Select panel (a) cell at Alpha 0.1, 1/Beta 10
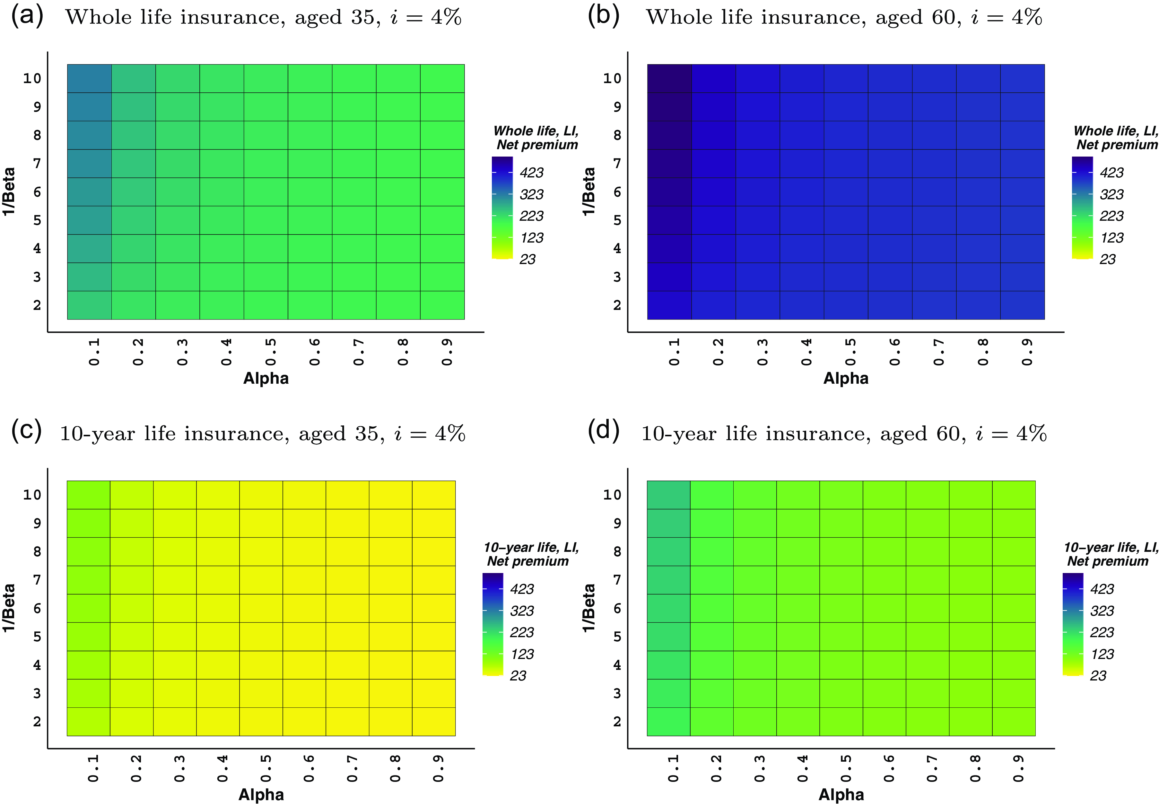pos(89,78)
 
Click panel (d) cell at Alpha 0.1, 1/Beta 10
pos(668,495)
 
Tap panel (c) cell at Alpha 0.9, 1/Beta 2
pos(433,721)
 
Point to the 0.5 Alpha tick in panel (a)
pos(271,352)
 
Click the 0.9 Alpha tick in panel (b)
pos(1026,352)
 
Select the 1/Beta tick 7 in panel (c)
pos(37,580)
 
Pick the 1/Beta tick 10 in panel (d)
pos(612,495)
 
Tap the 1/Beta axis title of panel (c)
pos(9,608)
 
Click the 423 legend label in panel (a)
pos(531,173)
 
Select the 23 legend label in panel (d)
pos(1097,676)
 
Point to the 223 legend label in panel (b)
pos(1111,216)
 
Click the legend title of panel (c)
pos(531,554)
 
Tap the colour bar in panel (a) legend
pos(502,208)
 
